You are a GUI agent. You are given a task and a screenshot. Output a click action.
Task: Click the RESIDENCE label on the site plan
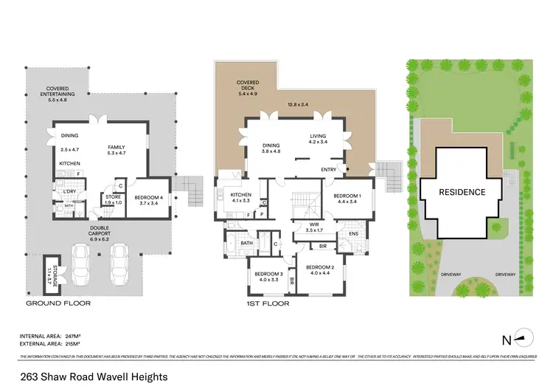coord(463,192)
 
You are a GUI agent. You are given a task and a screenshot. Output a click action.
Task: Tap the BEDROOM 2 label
coord(321,267)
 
